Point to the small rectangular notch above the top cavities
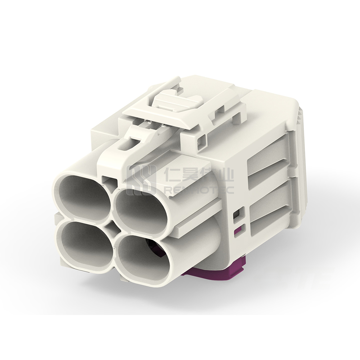pyautogui.click(x=106, y=179)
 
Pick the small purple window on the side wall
pyautogui.click(x=238, y=228)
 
